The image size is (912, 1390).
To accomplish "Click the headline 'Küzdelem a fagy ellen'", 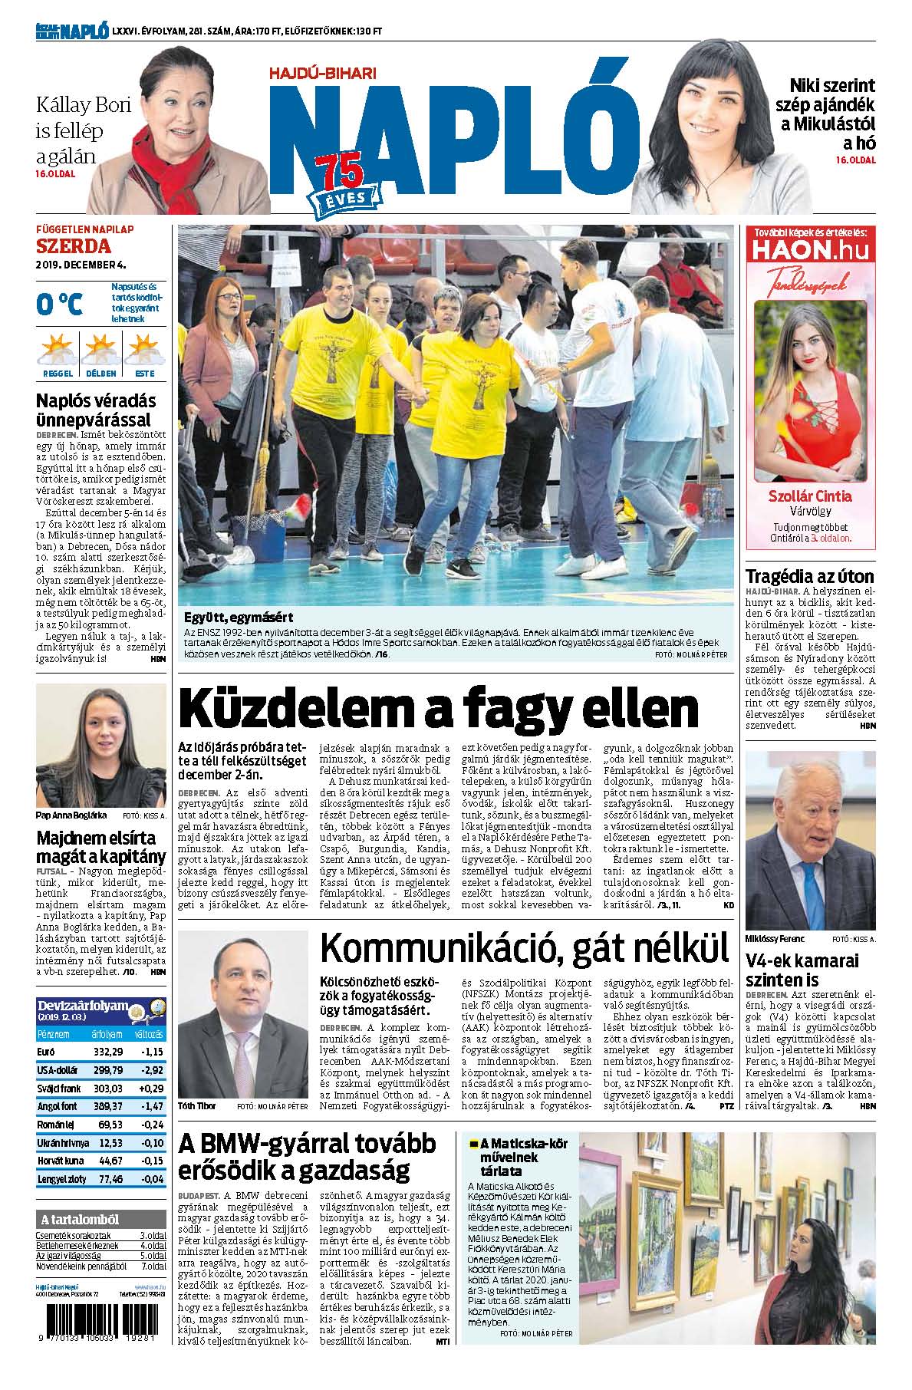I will click(438, 708).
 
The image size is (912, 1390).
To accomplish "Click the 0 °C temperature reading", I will click(59, 304).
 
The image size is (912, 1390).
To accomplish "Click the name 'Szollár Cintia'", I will click(810, 496).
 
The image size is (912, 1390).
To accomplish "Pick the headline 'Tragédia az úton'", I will click(809, 577).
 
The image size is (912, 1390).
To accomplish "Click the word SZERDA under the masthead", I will click(74, 246).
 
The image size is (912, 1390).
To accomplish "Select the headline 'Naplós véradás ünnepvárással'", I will click(97, 410).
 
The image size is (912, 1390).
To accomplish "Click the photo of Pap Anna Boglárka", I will click(100, 745).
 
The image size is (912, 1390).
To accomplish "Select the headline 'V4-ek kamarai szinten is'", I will click(802, 970).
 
